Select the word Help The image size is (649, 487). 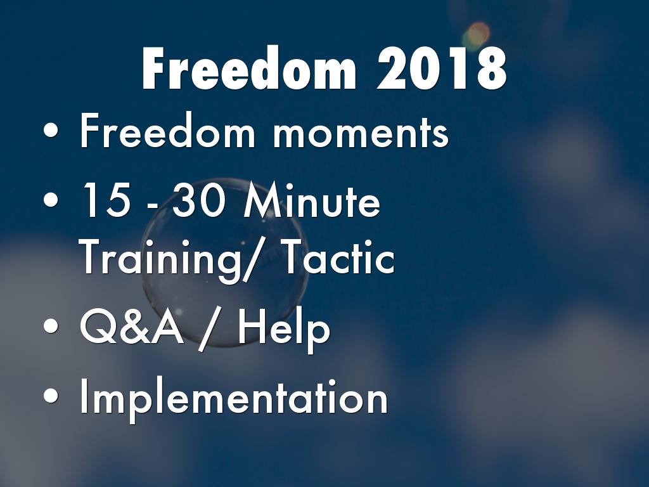284,330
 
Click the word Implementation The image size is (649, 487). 233,398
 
